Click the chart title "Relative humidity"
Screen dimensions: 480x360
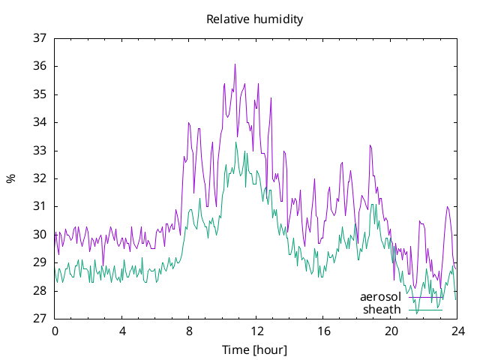pos(255,19)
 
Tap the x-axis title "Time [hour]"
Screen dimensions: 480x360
pos(255,349)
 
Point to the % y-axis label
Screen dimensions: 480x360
pos(10,178)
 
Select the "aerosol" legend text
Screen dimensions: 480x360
pos(380,297)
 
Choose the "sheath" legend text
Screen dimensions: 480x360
pos(382,310)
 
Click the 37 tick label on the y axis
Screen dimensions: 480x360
pos(40,38)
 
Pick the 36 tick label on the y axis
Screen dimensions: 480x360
pos(40,66)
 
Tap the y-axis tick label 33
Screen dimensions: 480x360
pos(40,151)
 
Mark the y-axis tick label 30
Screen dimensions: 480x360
pos(40,235)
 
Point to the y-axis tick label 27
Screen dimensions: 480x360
pos(40,318)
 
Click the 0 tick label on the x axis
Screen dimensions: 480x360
pos(55,331)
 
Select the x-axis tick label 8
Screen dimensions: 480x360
pos(189,331)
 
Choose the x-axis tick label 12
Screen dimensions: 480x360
pos(256,331)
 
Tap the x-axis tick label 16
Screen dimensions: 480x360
pos(324,331)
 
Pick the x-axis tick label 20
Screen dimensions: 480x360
pos(391,331)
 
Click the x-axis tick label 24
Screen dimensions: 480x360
pos(458,331)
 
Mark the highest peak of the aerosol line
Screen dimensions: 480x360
pos(235,64)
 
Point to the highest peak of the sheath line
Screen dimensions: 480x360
pos(236,142)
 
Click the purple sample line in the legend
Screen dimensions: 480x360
pos(425,297)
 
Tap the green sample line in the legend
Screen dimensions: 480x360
pos(425,310)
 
